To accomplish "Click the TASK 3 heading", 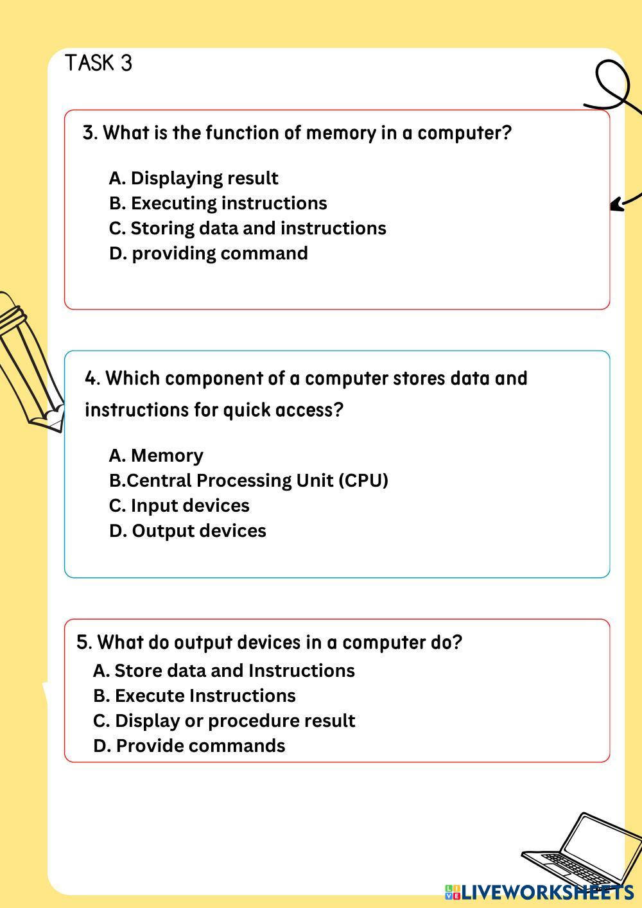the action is tap(98, 63).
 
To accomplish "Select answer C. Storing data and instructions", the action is tap(247, 228).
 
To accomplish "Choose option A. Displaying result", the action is tap(193, 178).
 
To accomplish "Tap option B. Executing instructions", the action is tap(218, 203).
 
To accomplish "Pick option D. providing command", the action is tap(208, 253).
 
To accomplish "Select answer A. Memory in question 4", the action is tap(156, 455).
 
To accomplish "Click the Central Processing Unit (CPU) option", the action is tap(248, 480).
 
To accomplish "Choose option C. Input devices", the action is tap(179, 505).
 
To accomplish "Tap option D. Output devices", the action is tap(187, 530).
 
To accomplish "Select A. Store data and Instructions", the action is tap(223, 670).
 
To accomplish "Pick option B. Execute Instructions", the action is tap(194, 695).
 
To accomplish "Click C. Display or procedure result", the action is tap(223, 720).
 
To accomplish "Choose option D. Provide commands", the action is tap(189, 746).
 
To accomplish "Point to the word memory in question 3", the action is tap(340, 133).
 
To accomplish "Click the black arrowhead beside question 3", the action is tap(616, 205).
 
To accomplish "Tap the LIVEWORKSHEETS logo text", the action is tap(546, 892).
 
